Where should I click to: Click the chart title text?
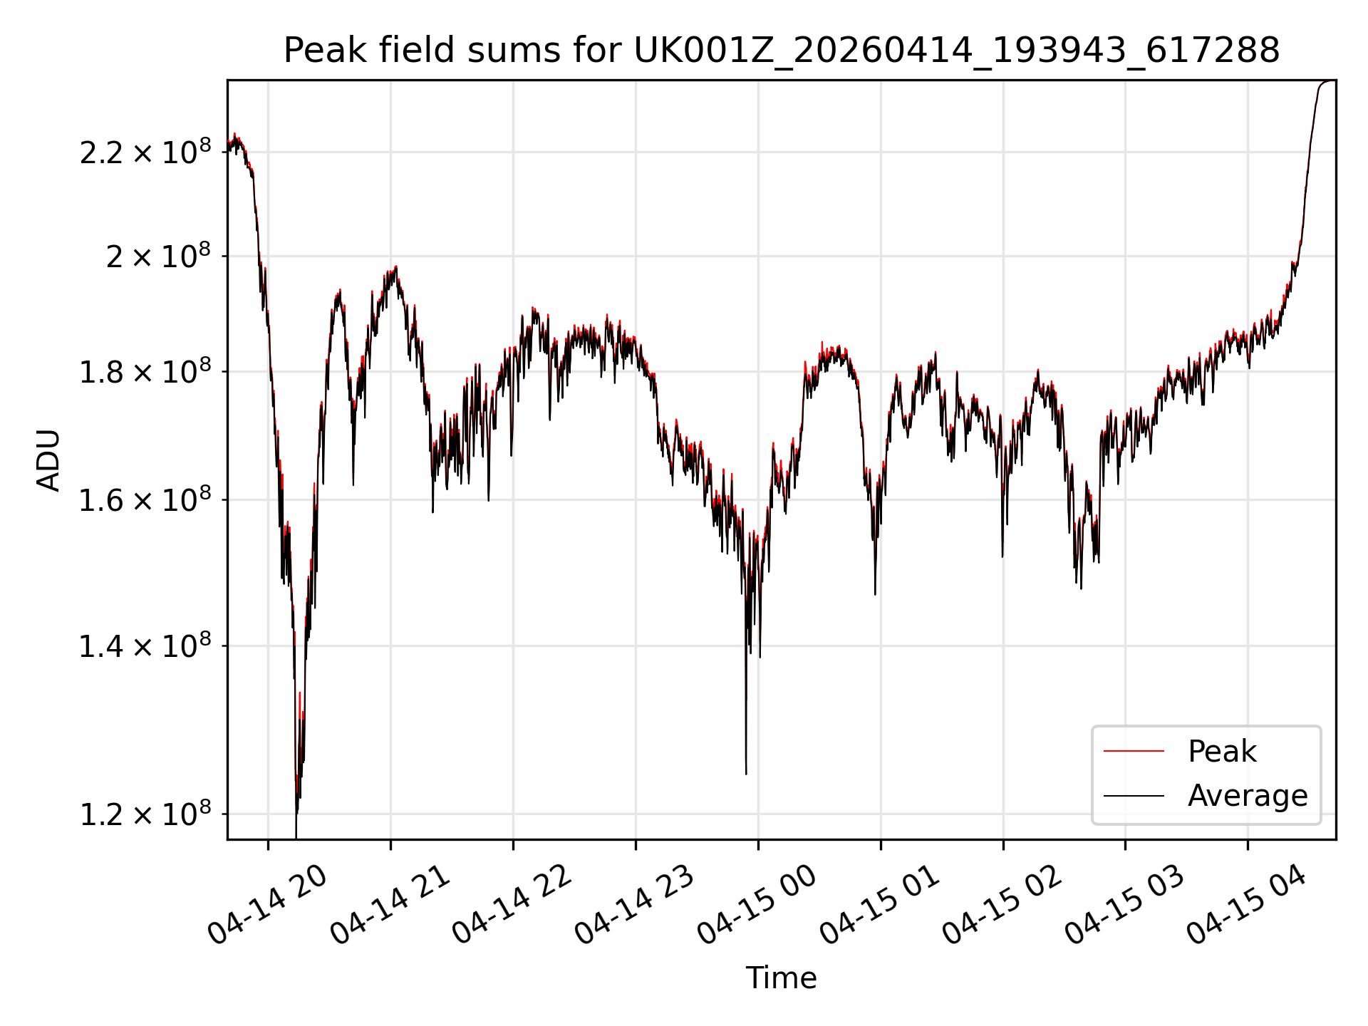click(x=782, y=51)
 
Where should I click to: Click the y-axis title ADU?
click(x=48, y=460)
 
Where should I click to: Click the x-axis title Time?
click(x=781, y=978)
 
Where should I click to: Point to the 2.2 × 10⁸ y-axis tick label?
click(x=145, y=152)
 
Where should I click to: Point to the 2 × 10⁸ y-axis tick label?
click(x=159, y=256)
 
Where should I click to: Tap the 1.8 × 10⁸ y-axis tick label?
click(x=145, y=371)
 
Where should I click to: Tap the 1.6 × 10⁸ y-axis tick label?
click(x=145, y=500)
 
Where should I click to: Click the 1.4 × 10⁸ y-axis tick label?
click(x=145, y=646)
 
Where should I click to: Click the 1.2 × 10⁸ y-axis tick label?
click(x=145, y=814)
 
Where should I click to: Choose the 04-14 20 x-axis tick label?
click(x=267, y=905)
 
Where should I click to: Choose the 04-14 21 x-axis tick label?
click(x=390, y=905)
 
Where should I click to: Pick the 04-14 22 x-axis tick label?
click(x=513, y=905)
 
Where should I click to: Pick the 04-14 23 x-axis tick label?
click(x=635, y=905)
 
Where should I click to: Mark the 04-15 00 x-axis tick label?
click(x=757, y=905)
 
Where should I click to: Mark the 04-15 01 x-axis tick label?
click(x=881, y=905)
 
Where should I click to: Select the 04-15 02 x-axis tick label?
click(x=1003, y=905)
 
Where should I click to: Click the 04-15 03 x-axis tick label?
click(x=1125, y=905)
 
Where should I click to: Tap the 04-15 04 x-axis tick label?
click(x=1248, y=905)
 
